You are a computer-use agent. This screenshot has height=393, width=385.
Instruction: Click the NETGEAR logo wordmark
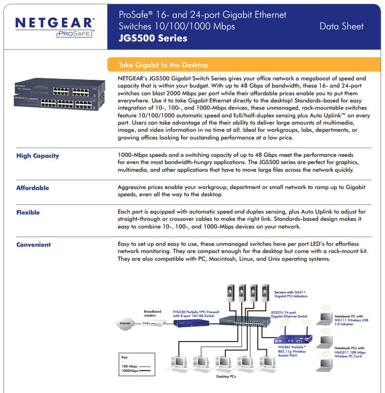coord(55,23)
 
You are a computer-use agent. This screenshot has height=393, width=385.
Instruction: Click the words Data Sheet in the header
coord(341,26)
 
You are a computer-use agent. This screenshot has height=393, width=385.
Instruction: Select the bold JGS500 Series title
coord(153,38)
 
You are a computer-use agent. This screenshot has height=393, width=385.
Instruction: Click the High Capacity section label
coord(37,156)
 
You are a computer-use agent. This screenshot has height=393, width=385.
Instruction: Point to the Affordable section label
coord(33,188)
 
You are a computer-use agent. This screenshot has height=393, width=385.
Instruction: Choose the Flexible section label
coord(28,213)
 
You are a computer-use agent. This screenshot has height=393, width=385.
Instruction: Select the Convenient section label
coord(34,245)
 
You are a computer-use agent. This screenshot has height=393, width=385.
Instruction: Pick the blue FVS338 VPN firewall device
coord(190,324)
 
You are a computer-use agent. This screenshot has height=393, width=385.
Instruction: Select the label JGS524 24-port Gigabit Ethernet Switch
coord(289,314)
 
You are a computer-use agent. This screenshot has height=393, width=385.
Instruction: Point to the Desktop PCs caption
coord(226,376)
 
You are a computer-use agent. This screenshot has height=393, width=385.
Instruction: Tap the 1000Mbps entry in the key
coord(130,371)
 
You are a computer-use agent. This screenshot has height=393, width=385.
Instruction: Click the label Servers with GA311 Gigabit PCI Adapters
coord(290,294)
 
